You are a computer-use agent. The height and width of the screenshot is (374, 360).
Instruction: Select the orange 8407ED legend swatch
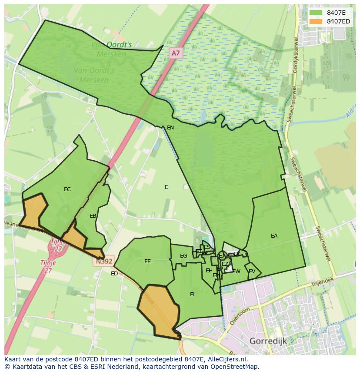[x=316, y=21]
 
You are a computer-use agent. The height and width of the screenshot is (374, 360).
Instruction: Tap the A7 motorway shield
[x=175, y=53]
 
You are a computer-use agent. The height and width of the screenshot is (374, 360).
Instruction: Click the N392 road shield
[x=103, y=261]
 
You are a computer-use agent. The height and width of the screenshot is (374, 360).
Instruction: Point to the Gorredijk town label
[x=268, y=341]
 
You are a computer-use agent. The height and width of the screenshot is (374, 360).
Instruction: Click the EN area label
[x=170, y=128]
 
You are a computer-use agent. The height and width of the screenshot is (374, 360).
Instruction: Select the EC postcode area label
[x=67, y=189]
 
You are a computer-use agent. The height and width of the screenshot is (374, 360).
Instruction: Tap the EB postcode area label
[x=93, y=216]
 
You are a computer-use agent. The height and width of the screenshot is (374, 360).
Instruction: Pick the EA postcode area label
[x=274, y=236]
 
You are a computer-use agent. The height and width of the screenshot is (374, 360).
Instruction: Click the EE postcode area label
[x=147, y=261]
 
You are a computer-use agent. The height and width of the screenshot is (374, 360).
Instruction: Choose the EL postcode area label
[x=193, y=295]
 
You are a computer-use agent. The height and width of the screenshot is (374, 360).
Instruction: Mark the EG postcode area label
[x=183, y=256]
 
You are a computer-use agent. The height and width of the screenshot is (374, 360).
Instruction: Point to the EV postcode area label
[x=252, y=271]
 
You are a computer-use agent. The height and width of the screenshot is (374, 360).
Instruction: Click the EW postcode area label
[x=236, y=271]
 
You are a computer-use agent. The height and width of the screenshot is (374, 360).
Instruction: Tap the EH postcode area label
[x=209, y=271]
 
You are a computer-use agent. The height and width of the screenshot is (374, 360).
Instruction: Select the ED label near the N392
[x=114, y=274]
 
